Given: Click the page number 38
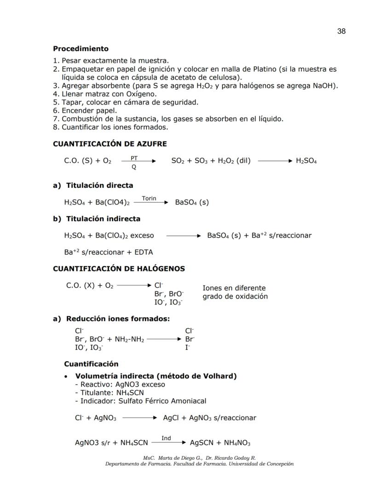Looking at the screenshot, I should (x=341, y=31).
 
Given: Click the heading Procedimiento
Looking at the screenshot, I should (x=81, y=48).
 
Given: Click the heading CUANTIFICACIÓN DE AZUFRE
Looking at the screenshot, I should (x=110, y=144).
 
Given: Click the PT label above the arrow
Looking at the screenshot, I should (x=134, y=158).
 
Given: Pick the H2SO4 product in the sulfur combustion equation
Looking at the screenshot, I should (x=306, y=161).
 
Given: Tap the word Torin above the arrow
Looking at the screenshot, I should (x=149, y=198).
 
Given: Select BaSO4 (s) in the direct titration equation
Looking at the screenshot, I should (x=191, y=202).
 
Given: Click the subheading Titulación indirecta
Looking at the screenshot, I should (x=103, y=219).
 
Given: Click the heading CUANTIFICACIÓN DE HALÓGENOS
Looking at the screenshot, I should (x=119, y=268).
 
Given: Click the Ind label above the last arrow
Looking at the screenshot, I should (x=166, y=438).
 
